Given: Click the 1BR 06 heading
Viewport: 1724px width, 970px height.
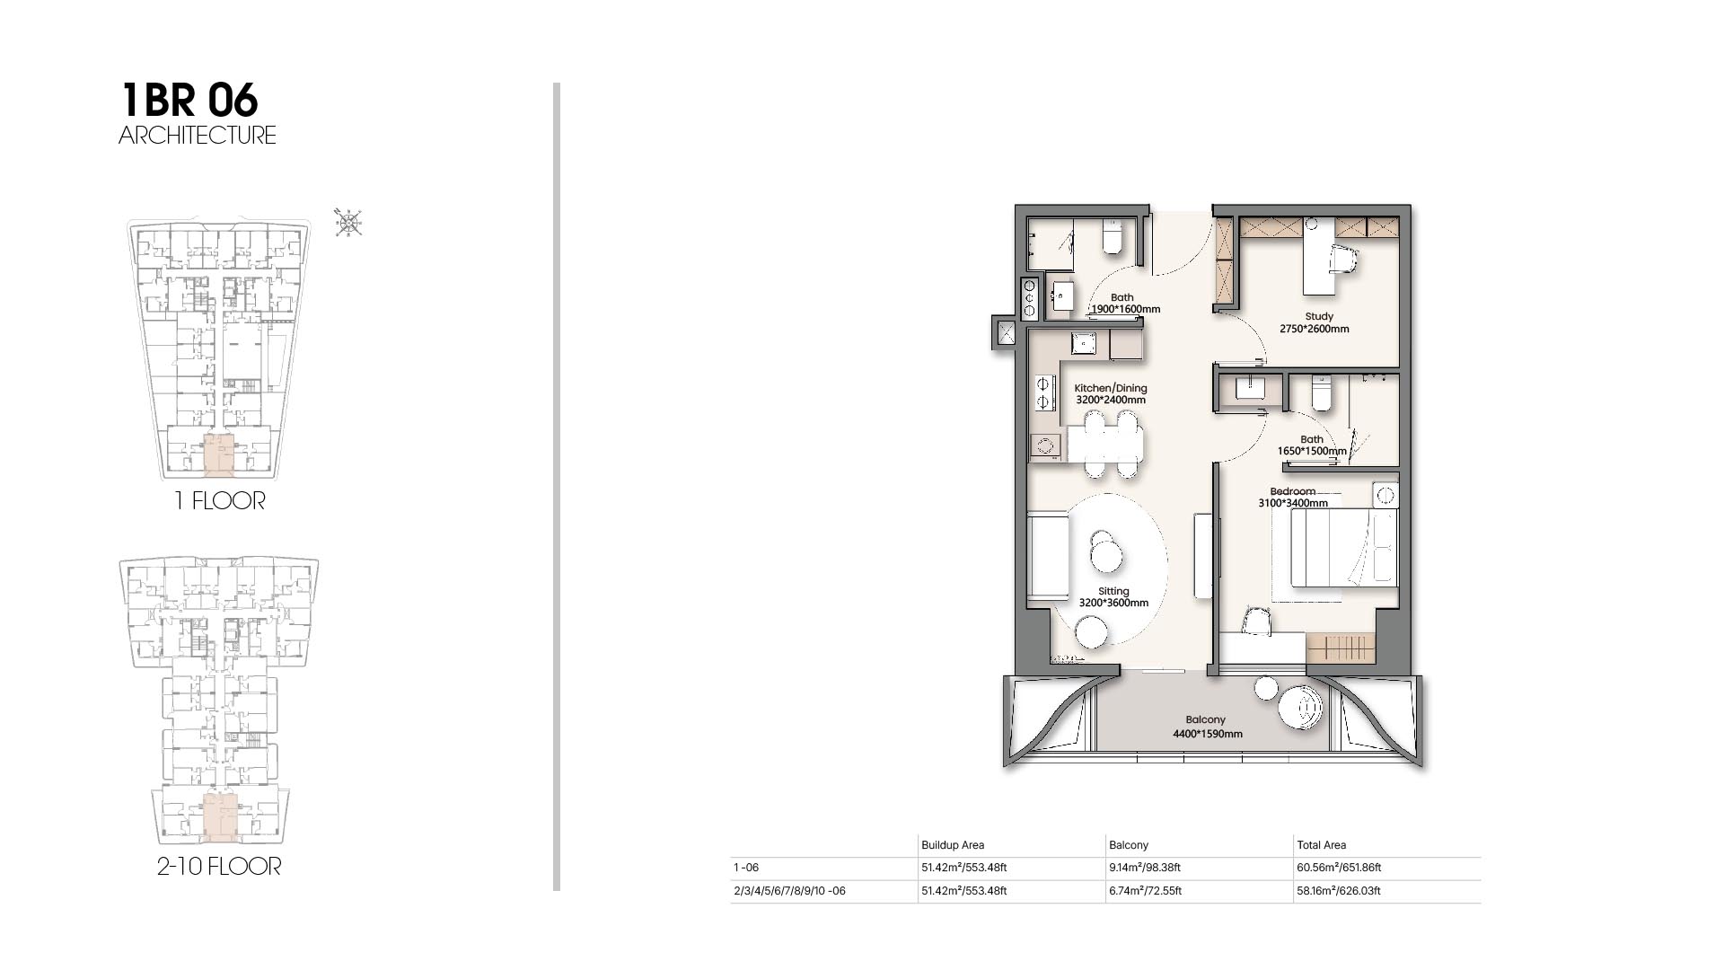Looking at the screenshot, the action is [189, 100].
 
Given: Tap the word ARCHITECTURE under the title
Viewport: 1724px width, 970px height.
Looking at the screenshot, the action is [198, 136].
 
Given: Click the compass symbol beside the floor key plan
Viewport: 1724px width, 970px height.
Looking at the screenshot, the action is [348, 222].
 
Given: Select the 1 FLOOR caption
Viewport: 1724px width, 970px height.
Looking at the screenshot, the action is [220, 501].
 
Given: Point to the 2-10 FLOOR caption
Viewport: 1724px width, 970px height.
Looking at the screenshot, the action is [219, 867].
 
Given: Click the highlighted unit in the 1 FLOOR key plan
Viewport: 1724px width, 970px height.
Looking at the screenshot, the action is [219, 454].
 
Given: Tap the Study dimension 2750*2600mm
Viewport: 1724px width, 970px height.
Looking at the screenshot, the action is [1315, 329].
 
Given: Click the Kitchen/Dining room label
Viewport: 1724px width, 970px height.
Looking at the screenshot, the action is [1111, 388].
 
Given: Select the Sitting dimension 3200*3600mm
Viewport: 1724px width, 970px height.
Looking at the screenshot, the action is [1113, 603].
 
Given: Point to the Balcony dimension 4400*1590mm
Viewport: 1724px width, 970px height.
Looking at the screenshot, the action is [1208, 734].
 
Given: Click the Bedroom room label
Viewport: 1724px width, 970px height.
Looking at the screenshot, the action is [1292, 491].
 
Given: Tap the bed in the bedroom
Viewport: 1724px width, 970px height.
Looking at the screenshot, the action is [1344, 548].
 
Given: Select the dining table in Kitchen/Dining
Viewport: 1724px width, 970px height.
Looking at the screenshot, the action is [1105, 443].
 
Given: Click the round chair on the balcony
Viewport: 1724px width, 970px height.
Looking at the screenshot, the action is [1301, 709].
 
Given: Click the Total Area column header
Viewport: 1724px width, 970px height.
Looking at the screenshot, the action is [1321, 845].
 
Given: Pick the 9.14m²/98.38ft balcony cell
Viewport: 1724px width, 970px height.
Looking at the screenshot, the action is [1145, 868].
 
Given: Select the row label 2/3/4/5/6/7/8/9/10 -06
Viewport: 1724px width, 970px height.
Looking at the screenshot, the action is [789, 891].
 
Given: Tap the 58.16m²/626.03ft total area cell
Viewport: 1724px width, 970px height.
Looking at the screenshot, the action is [1339, 891].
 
